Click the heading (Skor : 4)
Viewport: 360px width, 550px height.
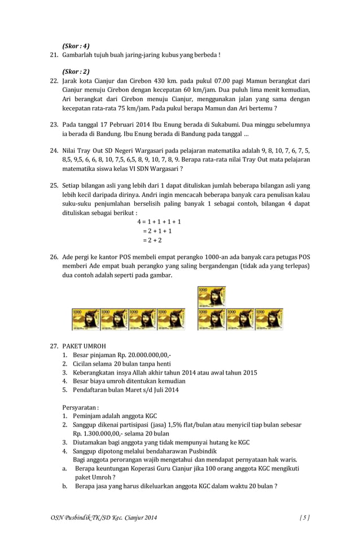pyautogui.click(x=76, y=46)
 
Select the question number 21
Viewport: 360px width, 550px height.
pyautogui.click(x=54, y=55)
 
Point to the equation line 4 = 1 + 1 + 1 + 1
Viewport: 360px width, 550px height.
pyautogui.click(x=159, y=222)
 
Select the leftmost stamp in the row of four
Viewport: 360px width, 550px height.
pyautogui.click(x=86, y=319)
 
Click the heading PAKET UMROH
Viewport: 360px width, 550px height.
pyautogui.click(x=84, y=346)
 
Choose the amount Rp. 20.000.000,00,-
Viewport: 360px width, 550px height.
pyautogui.click(x=144, y=355)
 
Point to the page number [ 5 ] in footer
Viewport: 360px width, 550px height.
pyautogui.click(x=304, y=517)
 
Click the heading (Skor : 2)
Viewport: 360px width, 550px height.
pyautogui.click(x=76, y=72)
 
